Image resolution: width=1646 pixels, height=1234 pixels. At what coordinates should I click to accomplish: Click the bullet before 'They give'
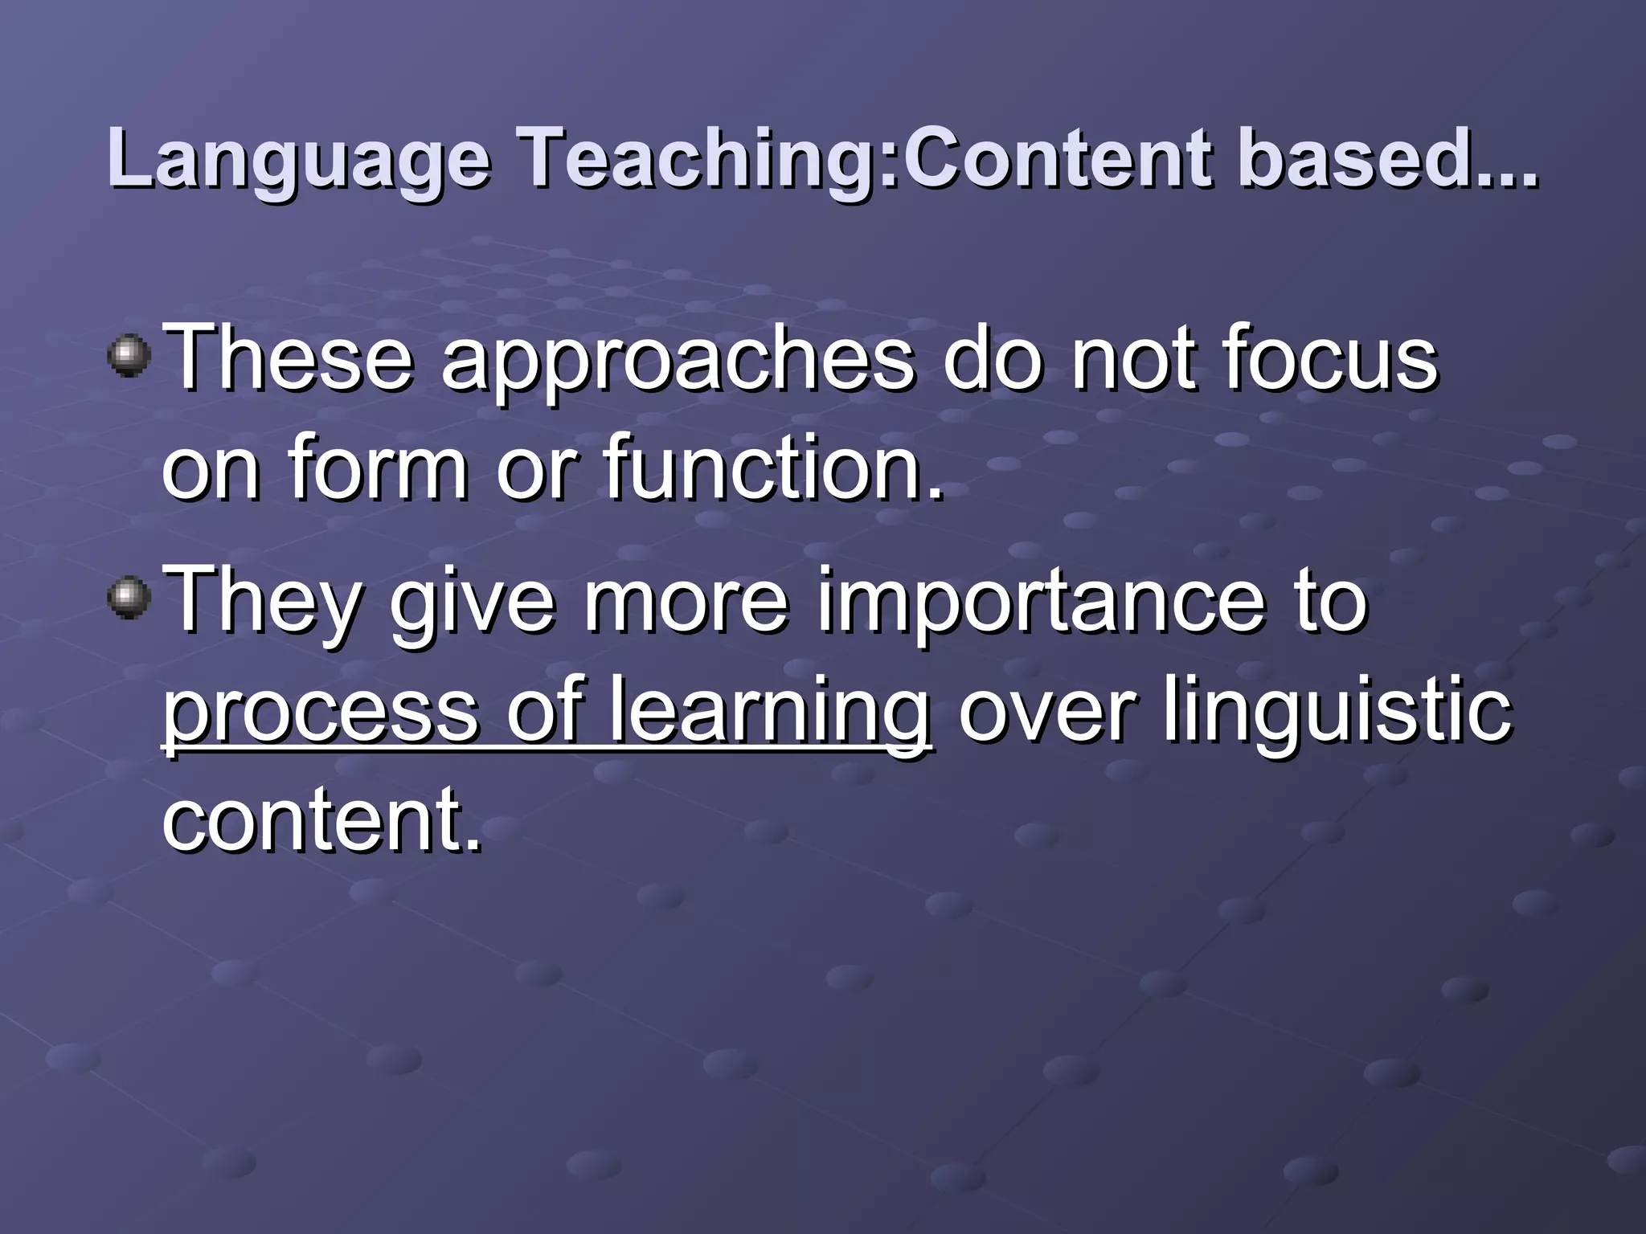(x=129, y=599)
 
